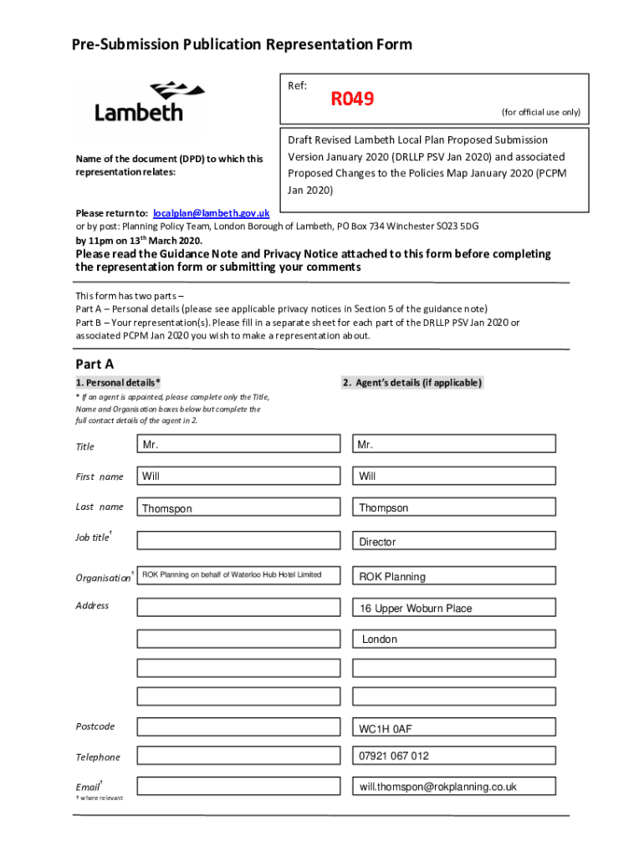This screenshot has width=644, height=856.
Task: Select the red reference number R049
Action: (x=352, y=100)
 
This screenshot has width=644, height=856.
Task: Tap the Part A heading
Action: (x=95, y=364)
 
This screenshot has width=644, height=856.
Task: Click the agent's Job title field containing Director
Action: (x=454, y=542)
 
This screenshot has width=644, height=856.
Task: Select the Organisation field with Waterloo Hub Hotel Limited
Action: (x=238, y=575)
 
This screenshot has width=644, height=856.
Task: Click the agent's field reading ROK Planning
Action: (x=454, y=576)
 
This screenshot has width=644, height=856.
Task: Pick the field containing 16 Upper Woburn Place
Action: (x=454, y=608)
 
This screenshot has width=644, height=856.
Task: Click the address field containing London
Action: (x=454, y=639)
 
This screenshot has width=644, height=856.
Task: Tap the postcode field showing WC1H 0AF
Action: (x=454, y=729)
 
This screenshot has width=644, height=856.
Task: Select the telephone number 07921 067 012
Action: (x=454, y=757)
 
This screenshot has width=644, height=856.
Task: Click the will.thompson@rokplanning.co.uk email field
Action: (x=454, y=787)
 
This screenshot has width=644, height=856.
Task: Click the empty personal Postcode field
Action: (x=238, y=727)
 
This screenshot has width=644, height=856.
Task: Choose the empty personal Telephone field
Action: (x=238, y=757)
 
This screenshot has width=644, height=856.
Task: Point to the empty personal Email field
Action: (x=238, y=787)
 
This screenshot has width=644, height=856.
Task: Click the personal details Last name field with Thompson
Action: (x=238, y=508)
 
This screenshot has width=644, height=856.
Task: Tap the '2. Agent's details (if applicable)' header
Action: (x=411, y=383)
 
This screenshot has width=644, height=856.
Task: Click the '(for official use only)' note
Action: (x=540, y=112)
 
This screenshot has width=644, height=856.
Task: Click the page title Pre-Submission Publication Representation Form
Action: (x=230, y=44)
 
